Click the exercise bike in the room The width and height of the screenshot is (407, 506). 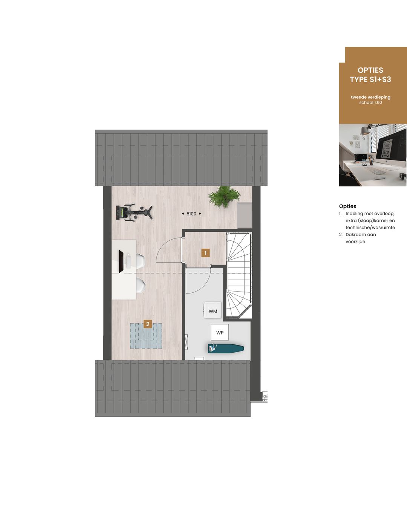click(x=134, y=212)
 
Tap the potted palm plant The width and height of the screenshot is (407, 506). click(x=224, y=196)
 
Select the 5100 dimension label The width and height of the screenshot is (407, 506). click(x=191, y=214)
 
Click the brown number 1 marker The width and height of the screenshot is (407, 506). click(x=205, y=253)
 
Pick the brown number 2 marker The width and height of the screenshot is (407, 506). click(x=148, y=324)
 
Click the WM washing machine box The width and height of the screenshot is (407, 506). click(x=213, y=311)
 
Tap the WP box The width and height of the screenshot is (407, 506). click(x=220, y=332)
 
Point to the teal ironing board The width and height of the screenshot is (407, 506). click(x=225, y=349)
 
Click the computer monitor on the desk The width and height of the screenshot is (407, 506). click(x=121, y=261)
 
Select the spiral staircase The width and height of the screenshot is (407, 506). click(x=239, y=275)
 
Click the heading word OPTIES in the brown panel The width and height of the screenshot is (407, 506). click(x=370, y=70)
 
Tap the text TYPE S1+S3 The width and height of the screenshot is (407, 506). click(x=370, y=79)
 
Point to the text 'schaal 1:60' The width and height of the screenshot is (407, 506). click(x=370, y=102)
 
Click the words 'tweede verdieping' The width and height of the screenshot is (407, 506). click(x=370, y=97)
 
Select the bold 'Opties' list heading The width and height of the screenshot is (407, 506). click(x=347, y=206)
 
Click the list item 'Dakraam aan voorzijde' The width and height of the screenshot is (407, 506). click(x=360, y=238)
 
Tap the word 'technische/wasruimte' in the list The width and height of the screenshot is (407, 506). click(x=370, y=228)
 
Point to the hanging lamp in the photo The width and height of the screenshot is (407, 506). click(x=364, y=130)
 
